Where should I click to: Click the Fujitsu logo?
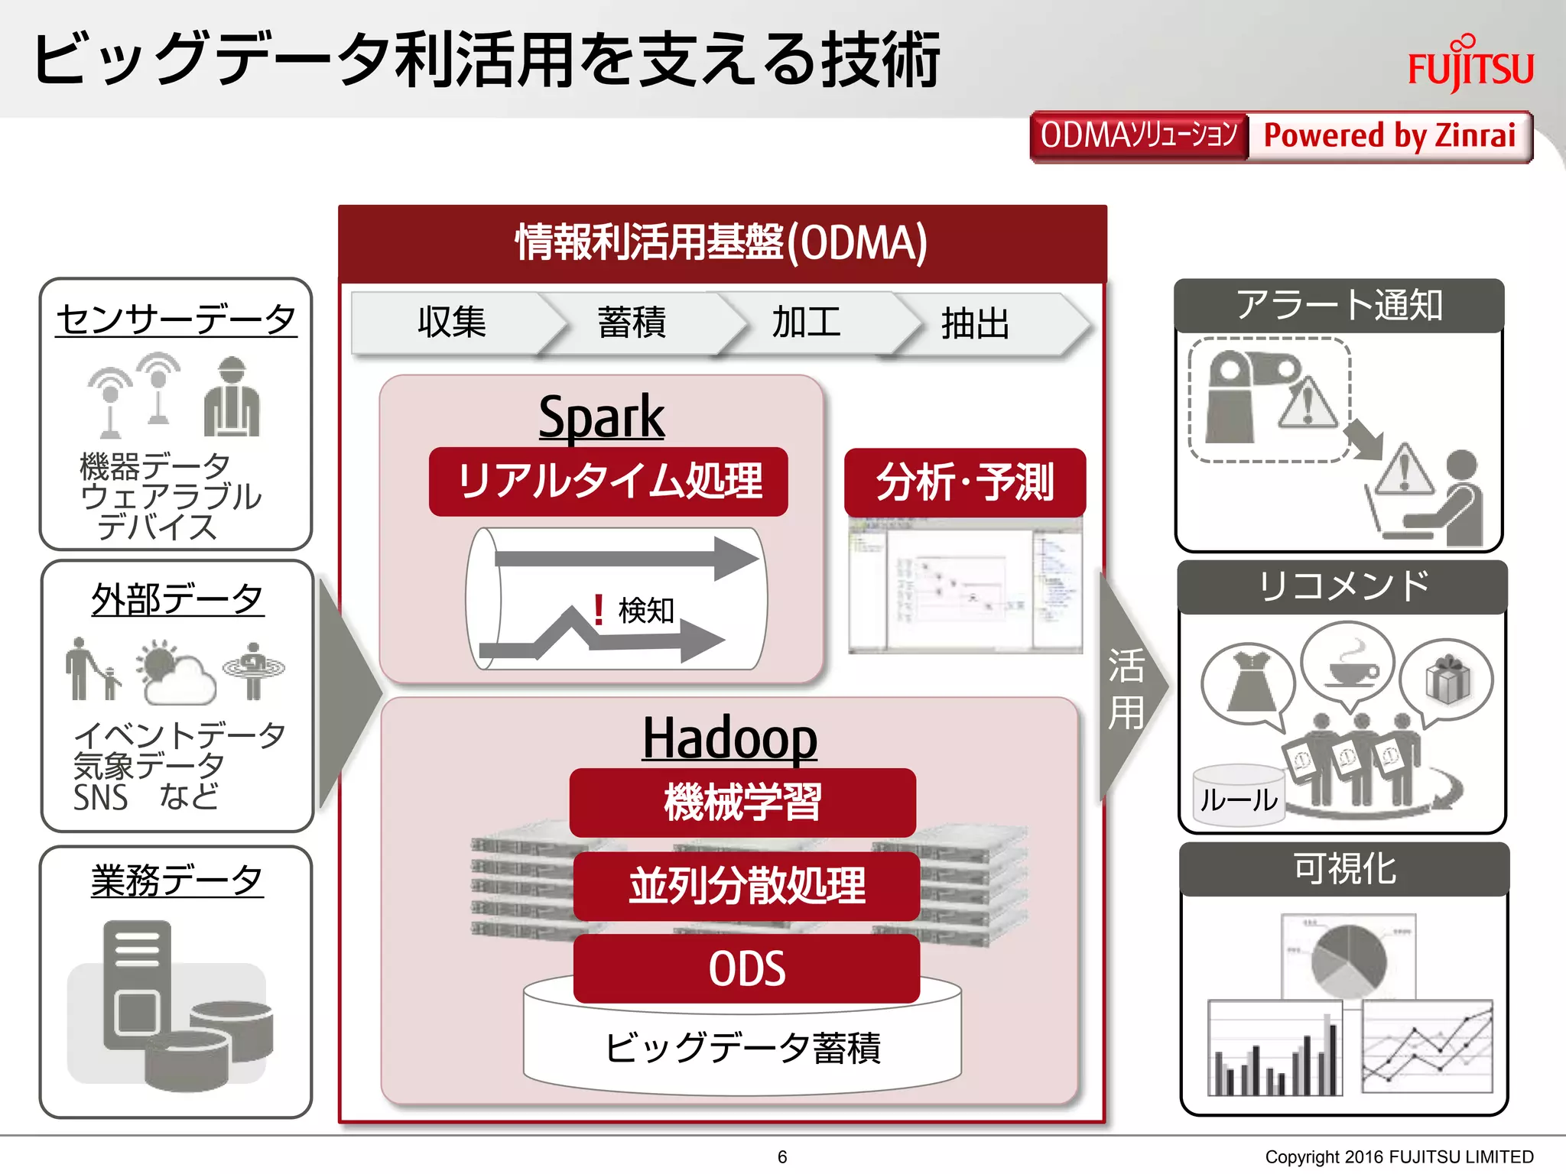point(1470,65)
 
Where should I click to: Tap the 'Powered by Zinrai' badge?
point(1389,136)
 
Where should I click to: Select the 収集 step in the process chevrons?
point(451,323)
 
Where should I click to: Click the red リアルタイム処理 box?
point(609,482)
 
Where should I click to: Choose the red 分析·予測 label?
point(964,482)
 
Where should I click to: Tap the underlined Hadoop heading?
point(729,738)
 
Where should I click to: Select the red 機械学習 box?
point(742,802)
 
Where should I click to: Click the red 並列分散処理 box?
point(746,886)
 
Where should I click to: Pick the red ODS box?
point(746,968)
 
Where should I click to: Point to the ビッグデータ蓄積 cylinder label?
point(742,1047)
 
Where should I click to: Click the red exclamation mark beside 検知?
point(599,610)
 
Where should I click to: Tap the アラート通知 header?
point(1339,305)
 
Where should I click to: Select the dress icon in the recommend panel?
point(1249,680)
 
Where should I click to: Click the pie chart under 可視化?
point(1349,958)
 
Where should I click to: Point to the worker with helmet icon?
point(232,397)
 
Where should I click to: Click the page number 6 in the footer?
point(782,1156)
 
